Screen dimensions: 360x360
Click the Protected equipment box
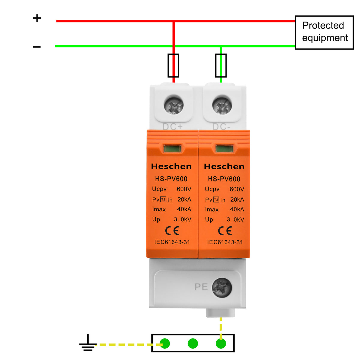pos(324,32)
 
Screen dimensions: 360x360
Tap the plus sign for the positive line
pos(37,18)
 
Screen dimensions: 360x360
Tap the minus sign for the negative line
pos(37,47)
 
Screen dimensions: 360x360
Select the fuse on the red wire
pos(173,65)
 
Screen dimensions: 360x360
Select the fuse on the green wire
pos(221,65)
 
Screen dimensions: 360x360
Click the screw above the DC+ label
pos(173,105)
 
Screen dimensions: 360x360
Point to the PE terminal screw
pos(222,287)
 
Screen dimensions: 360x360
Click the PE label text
pos(201,287)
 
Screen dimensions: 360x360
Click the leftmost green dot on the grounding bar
pos(165,343)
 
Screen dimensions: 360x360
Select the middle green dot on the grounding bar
pos(193,343)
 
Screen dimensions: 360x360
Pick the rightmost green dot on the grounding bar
pos(221,343)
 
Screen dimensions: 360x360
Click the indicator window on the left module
pos(172,148)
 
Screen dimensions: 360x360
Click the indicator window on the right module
pos(224,148)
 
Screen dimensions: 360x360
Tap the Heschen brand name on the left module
pos(171,166)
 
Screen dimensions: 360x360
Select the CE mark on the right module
pos(225,231)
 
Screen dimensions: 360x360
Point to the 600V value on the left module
pos(184,189)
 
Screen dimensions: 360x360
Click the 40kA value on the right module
pos(237,209)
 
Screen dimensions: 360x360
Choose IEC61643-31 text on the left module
pos(172,242)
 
